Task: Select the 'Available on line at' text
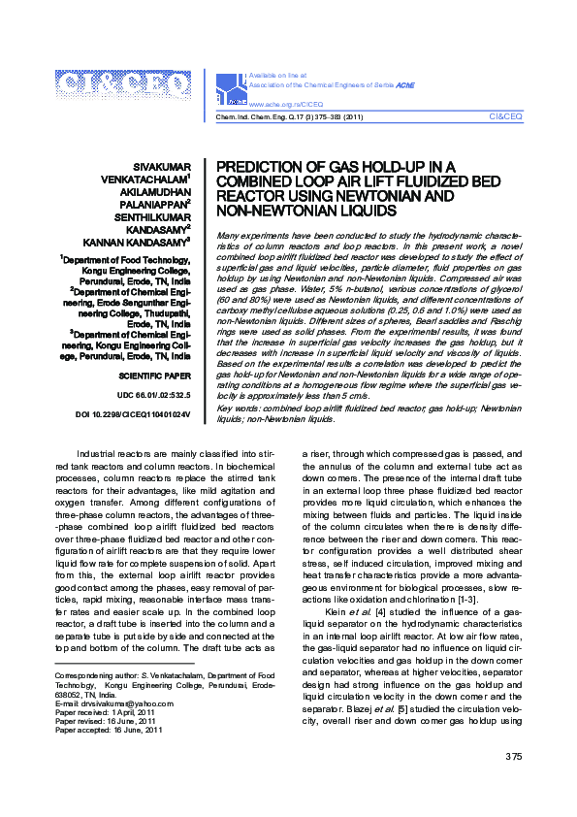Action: click(277, 75)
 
